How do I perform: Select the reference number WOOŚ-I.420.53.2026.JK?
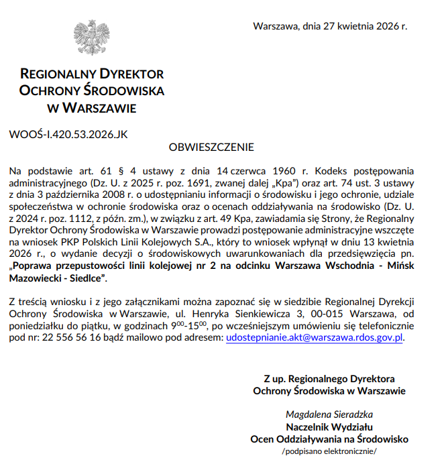click(x=68, y=134)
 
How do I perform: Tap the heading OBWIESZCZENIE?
click(x=211, y=147)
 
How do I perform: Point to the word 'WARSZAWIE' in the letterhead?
click(x=99, y=107)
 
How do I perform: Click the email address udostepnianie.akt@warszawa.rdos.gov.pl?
click(x=315, y=338)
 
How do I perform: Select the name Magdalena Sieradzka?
click(x=329, y=414)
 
